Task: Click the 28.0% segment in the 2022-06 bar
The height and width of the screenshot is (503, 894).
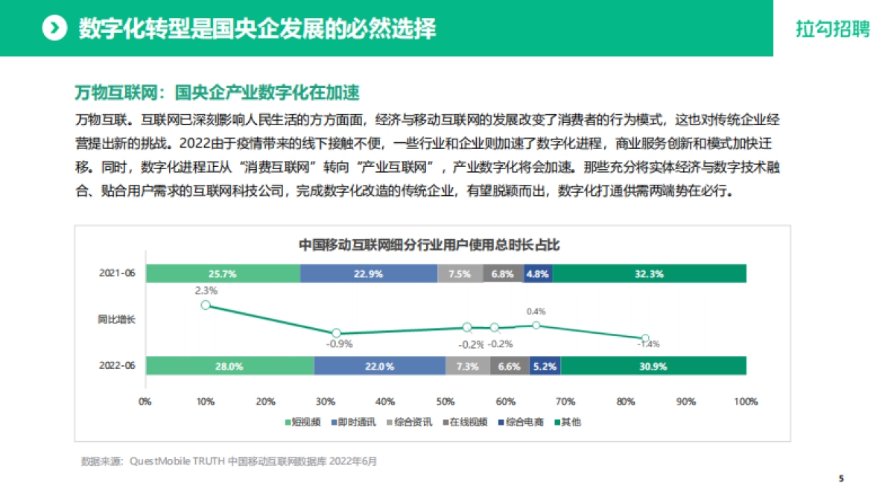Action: [x=229, y=366]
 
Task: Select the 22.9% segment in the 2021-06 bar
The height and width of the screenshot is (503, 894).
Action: [x=369, y=273]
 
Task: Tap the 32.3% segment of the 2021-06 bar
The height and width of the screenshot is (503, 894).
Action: [x=649, y=273]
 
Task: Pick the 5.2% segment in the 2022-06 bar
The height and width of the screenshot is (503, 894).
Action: [x=545, y=366]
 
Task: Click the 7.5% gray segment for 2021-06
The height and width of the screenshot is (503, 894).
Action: [x=460, y=273]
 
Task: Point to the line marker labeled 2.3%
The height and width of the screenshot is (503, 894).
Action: [x=206, y=305]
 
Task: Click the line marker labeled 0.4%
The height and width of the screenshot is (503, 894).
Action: [x=536, y=325]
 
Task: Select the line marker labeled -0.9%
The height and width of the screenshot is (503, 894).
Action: [x=336, y=333]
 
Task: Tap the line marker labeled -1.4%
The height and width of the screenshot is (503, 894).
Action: [x=646, y=338]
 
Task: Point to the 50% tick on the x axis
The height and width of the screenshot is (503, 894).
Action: [x=446, y=402]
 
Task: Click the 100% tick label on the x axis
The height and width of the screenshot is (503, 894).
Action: [x=745, y=402]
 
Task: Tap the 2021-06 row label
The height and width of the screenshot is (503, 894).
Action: [x=117, y=273]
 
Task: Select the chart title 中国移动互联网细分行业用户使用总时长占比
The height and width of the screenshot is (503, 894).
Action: [x=429, y=244]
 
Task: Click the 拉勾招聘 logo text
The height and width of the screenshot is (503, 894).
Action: [x=832, y=29]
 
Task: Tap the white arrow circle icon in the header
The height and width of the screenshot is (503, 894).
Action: [x=54, y=28]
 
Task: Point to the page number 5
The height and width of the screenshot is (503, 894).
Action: [x=841, y=478]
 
